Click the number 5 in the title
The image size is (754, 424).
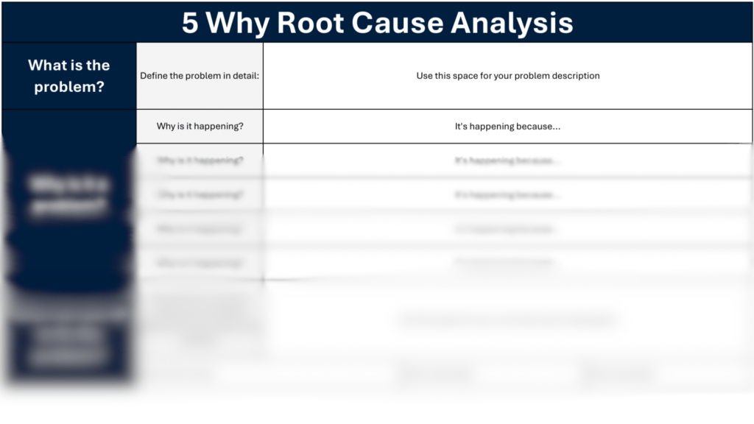[x=190, y=24]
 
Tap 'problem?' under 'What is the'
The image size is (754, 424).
[x=68, y=85]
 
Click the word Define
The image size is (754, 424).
[x=155, y=76]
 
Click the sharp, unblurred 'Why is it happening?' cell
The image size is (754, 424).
[x=200, y=127]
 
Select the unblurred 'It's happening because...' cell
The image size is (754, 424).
[x=507, y=127]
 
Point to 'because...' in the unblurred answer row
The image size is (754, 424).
[x=537, y=127]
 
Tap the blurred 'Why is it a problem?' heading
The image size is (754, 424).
[x=68, y=196]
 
